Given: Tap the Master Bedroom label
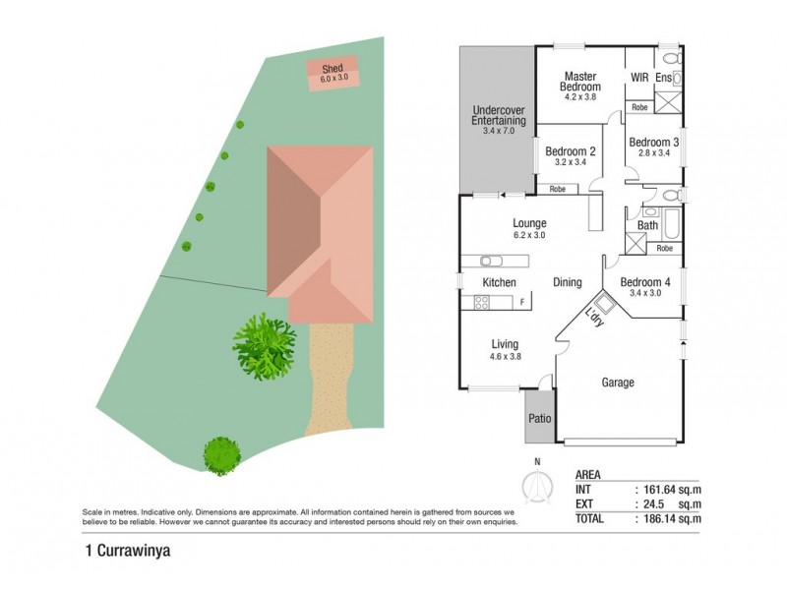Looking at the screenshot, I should pyautogui.click(x=581, y=81).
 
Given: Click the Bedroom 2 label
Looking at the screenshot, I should pyautogui.click(x=571, y=151).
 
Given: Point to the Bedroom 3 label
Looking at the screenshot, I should pyautogui.click(x=654, y=142).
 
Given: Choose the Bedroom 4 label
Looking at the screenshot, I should pyautogui.click(x=644, y=282).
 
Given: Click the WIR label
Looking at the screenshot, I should pyautogui.click(x=639, y=77).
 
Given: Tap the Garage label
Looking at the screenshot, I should pyautogui.click(x=618, y=383).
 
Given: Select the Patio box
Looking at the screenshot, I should pyautogui.click(x=538, y=417).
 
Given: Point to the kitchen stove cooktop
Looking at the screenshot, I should pyautogui.click(x=483, y=303).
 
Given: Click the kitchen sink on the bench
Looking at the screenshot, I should pyautogui.click(x=490, y=261).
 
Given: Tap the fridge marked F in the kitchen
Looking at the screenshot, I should pyautogui.click(x=521, y=303).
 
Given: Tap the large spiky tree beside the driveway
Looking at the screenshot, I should pyautogui.click(x=264, y=346).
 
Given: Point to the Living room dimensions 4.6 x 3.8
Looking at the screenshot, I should pyautogui.click(x=506, y=357).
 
